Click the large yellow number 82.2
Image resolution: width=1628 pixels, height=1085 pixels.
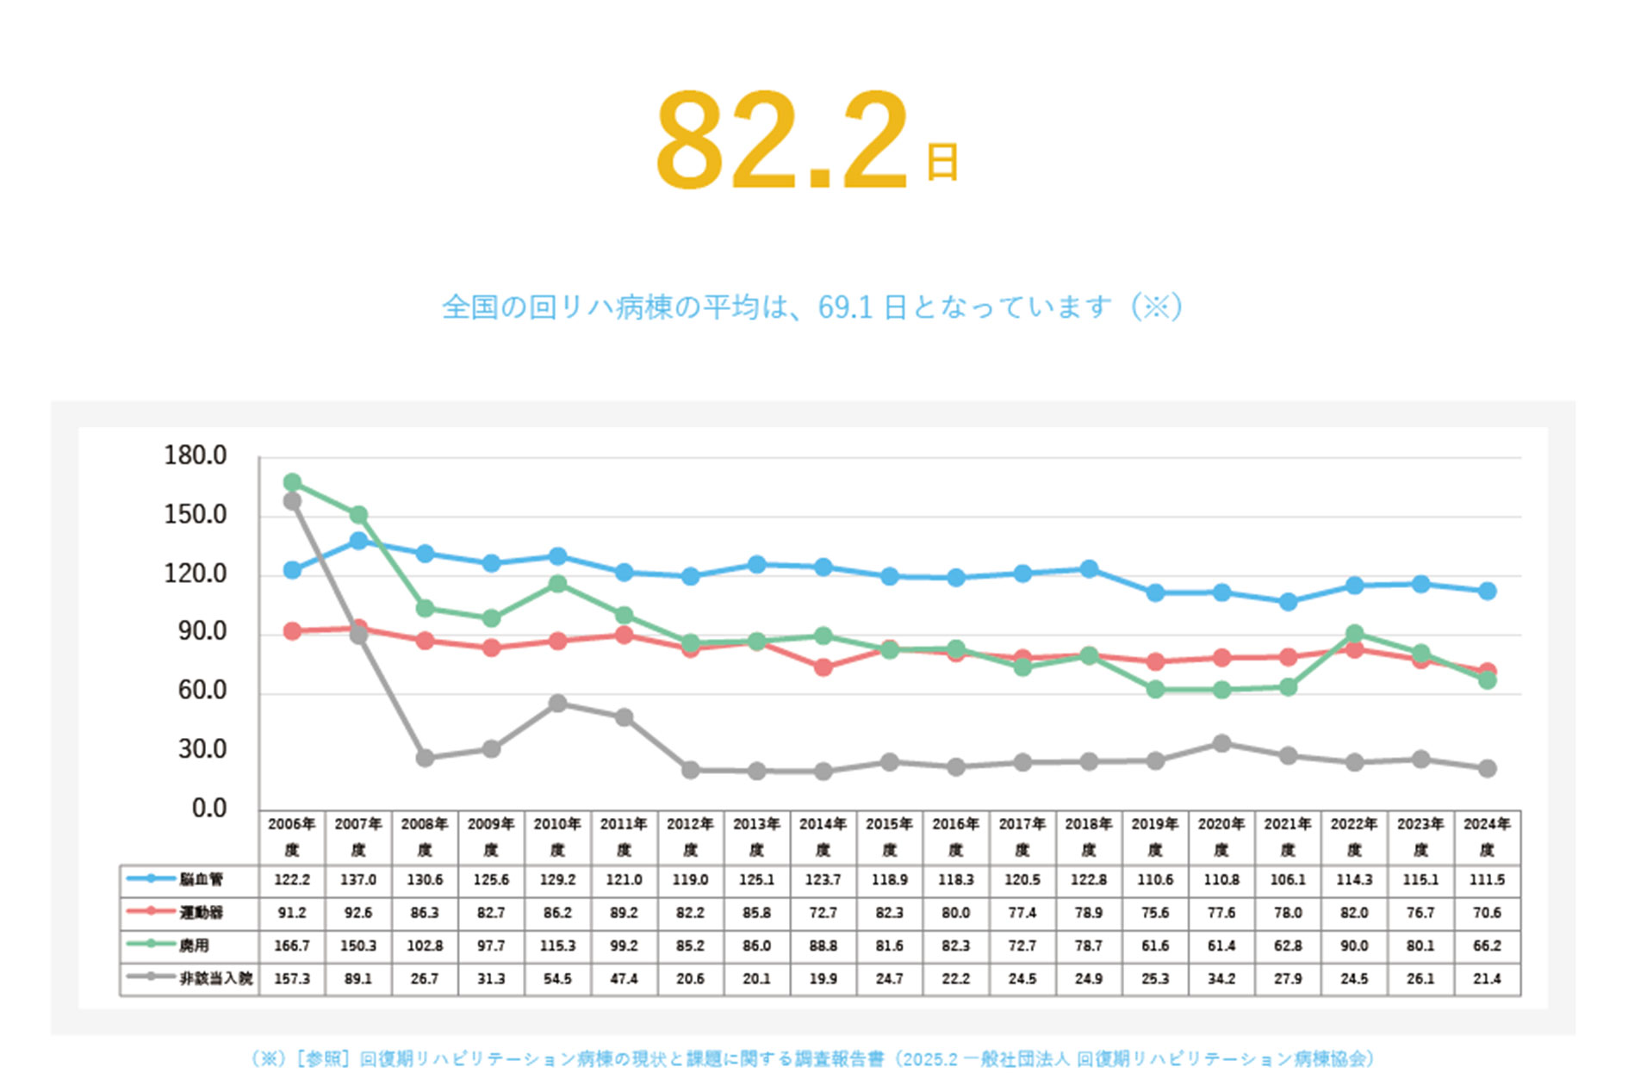[x=780, y=140]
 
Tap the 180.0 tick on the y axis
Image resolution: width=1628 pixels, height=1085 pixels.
[x=196, y=456]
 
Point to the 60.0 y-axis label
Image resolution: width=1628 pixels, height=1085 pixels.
[x=202, y=691]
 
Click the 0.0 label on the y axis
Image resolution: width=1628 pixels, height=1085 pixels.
[x=209, y=809]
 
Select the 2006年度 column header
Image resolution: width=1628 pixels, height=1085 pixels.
[x=292, y=836]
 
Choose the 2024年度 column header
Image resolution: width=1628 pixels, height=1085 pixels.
[x=1487, y=836]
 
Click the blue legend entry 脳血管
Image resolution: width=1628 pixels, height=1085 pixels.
[x=201, y=879]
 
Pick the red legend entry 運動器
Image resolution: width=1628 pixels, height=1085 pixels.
[x=201, y=912]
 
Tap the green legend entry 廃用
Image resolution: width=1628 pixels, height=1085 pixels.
[x=194, y=945]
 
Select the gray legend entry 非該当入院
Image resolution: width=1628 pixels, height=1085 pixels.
[x=215, y=978]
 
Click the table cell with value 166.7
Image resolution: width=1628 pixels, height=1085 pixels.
[x=292, y=945]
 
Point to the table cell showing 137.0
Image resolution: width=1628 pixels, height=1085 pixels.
[x=358, y=879]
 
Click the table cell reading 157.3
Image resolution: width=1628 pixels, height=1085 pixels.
[x=292, y=978]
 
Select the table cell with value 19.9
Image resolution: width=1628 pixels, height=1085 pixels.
[x=823, y=978]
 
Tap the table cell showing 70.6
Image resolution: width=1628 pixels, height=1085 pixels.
[x=1487, y=912]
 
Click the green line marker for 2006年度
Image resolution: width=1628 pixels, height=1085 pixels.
[x=292, y=482]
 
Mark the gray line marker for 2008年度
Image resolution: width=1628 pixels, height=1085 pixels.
[x=425, y=758]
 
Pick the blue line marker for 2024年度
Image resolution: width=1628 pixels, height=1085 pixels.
[x=1487, y=592]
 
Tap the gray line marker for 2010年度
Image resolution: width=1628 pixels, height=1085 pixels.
[x=557, y=704]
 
